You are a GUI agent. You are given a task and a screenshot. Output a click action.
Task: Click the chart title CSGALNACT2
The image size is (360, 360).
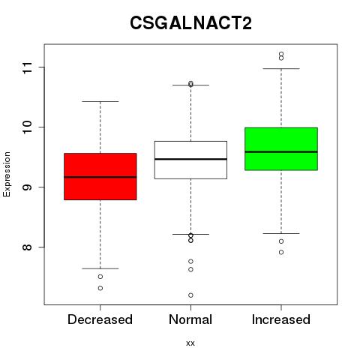point(190,23)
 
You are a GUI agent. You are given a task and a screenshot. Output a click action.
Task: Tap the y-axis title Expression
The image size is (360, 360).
point(7,174)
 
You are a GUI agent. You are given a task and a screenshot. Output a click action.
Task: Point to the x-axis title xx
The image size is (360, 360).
point(190,343)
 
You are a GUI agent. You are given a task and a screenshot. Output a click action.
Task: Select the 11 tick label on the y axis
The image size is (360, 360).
point(27,67)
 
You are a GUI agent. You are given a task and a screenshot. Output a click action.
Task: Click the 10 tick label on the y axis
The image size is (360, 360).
point(27,127)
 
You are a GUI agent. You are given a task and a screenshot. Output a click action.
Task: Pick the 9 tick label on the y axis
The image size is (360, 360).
point(27,187)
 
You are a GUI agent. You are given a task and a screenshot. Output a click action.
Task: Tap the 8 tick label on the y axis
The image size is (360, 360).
point(27,247)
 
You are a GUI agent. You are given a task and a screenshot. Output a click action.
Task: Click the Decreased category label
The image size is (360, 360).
point(100,319)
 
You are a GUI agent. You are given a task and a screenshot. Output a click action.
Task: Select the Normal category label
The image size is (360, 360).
point(190,319)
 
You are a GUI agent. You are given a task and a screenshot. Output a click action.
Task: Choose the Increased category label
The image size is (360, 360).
point(281,319)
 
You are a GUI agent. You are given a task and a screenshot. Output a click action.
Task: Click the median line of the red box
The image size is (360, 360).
point(100,177)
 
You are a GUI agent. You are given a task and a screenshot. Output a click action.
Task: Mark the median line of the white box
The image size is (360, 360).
point(190,159)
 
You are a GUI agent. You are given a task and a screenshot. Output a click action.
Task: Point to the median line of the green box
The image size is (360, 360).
point(281,151)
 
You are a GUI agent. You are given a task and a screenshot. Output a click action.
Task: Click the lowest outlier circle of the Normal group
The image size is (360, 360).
point(190,295)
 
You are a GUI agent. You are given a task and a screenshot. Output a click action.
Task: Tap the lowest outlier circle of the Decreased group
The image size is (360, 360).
point(100,288)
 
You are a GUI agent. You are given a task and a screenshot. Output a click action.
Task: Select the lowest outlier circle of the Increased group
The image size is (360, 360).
point(281,252)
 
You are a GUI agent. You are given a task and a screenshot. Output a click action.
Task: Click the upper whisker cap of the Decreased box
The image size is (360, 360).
point(100,102)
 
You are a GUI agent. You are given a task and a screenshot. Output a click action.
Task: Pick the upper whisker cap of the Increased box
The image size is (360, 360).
point(281,68)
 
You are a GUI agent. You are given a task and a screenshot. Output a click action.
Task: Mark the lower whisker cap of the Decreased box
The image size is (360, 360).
point(100,268)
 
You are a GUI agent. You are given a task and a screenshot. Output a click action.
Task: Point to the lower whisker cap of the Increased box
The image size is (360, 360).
point(281,233)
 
